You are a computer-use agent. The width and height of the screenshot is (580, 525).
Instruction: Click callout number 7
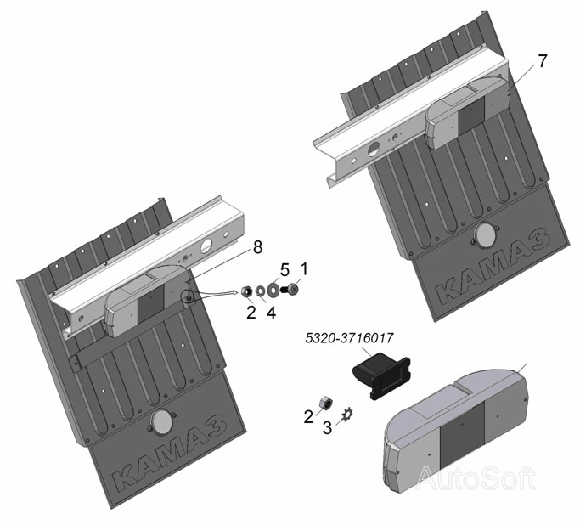point(542,61)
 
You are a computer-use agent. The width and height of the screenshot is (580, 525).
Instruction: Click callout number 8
point(257,247)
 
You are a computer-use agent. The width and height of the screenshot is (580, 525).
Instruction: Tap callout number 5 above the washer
point(284,270)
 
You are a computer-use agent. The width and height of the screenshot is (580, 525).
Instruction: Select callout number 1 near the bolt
point(304,268)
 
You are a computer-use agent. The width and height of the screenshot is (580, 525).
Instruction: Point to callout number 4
point(271,313)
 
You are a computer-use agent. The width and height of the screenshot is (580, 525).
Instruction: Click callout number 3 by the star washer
point(327,428)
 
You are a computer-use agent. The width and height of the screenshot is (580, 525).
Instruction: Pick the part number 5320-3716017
point(349,338)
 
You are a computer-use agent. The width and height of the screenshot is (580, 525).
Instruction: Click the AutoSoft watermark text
point(476,478)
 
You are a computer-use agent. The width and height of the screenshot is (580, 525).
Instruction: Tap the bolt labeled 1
point(290,289)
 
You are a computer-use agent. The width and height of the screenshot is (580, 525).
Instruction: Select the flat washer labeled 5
point(273,290)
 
